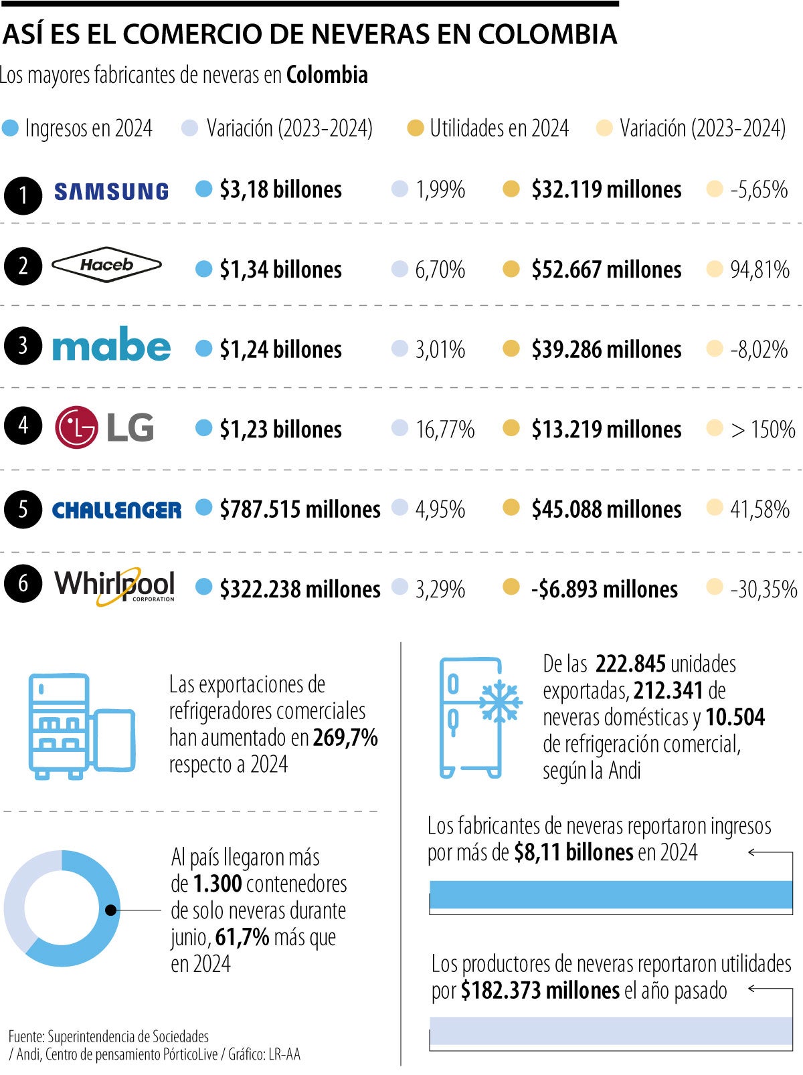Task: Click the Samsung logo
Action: click(x=111, y=192)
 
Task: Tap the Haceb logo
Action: click(x=106, y=266)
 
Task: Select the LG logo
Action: click(x=104, y=427)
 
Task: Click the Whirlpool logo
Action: click(x=114, y=586)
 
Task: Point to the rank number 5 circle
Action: click(x=23, y=509)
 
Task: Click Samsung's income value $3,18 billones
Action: click(x=280, y=190)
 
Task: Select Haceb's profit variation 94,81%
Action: click(x=760, y=270)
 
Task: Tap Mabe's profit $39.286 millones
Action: click(x=606, y=350)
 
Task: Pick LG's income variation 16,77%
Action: click(x=444, y=429)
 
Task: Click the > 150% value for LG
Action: click(x=763, y=429)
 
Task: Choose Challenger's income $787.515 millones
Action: click(x=300, y=510)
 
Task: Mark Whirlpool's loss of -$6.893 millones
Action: click(x=604, y=589)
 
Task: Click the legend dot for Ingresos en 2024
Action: click(x=11, y=128)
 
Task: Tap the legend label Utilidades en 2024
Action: click(x=499, y=128)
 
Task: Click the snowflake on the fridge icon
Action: click(x=500, y=702)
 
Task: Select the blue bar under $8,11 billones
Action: click(x=610, y=894)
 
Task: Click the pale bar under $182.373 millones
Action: click(x=610, y=1030)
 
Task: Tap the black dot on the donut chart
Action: click(x=111, y=910)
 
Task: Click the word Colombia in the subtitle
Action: click(x=327, y=75)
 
